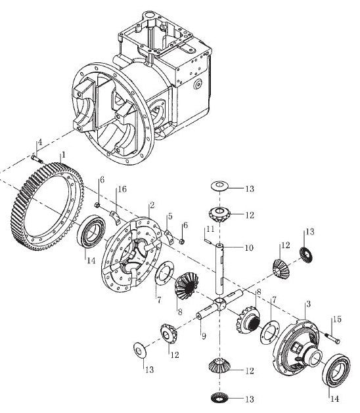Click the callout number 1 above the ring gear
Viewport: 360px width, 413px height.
[x=63, y=154]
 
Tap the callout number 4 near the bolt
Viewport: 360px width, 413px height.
[x=39, y=142]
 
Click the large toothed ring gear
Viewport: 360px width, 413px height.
[x=48, y=206]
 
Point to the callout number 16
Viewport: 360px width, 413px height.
[x=122, y=189]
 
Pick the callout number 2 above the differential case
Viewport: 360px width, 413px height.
[x=152, y=206]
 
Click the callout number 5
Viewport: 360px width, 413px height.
[x=170, y=216]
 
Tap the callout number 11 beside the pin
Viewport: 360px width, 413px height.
[x=210, y=229]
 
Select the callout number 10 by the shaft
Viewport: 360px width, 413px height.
[x=249, y=248]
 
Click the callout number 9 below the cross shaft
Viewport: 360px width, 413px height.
[x=204, y=336]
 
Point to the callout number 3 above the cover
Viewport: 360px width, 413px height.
[x=308, y=304]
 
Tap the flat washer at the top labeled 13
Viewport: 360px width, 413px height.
[x=219, y=186]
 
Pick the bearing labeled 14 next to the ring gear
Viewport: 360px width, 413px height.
[x=92, y=231]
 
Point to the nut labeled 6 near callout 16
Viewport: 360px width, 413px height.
[x=97, y=205]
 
